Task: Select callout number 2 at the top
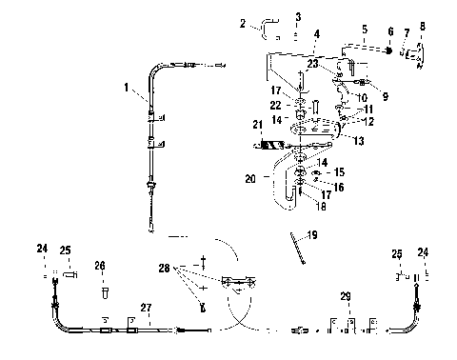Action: [x=244, y=22]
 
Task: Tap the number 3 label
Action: [x=298, y=17]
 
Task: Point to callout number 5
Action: [x=365, y=29]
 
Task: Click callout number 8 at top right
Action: [x=423, y=27]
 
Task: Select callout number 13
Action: [x=357, y=141]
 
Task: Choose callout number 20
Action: [x=251, y=178]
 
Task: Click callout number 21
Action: [x=256, y=126]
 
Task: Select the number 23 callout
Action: [x=313, y=64]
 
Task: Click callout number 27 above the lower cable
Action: [x=146, y=307]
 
